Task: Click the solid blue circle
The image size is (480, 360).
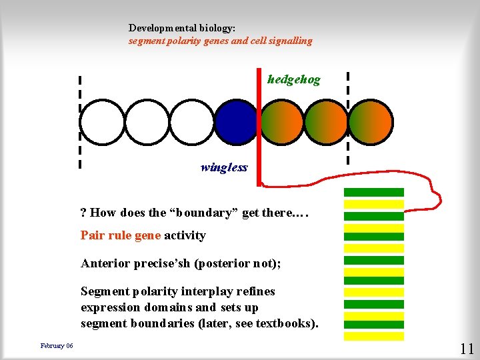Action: pos(235,122)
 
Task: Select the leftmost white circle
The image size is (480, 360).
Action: pos(102,122)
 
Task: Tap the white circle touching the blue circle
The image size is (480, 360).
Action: pos(191,122)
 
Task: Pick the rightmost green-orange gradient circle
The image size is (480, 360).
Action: pos(371,122)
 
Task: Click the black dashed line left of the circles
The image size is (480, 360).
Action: pos(79,120)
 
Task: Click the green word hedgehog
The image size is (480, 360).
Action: pos(293,80)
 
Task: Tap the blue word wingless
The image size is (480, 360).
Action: pos(223,167)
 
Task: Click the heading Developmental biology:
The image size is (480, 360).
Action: pos(182,29)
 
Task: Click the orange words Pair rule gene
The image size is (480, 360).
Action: pos(121,235)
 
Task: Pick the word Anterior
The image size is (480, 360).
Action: pos(106,263)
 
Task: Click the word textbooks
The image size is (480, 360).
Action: pos(290,324)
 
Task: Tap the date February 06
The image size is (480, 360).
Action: pos(57,345)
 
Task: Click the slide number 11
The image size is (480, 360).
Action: pos(466,348)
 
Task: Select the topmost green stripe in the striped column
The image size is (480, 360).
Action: pos(374,193)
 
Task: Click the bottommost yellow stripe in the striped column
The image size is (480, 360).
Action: pos(374,336)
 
